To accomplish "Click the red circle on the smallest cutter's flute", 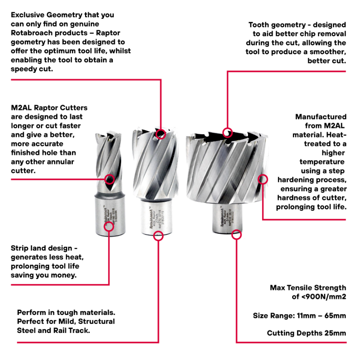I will point(109,179).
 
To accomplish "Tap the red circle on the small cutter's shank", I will point(109,226).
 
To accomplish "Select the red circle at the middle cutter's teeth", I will point(161,133).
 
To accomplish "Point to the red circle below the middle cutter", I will point(160,236).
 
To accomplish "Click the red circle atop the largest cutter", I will point(228,132).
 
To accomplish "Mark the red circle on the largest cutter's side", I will point(263,179).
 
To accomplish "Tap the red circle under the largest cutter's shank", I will point(236,234).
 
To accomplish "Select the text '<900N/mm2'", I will point(319,297).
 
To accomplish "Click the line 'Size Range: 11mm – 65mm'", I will point(299,315).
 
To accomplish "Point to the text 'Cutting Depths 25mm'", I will point(306,333).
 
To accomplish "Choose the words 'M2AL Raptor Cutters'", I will point(49,108).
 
